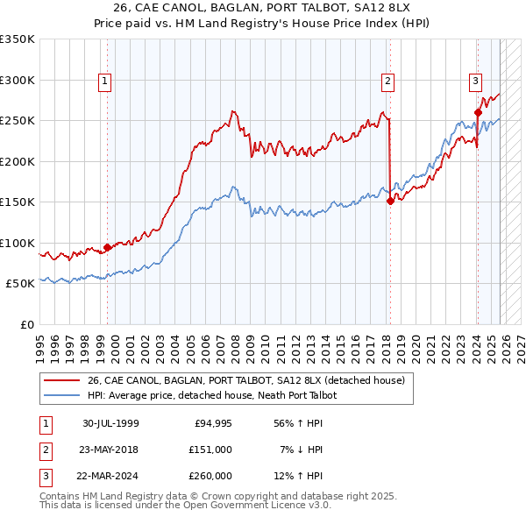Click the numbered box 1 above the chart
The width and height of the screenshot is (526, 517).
click(x=104, y=81)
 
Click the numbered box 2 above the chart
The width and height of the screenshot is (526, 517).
click(x=387, y=81)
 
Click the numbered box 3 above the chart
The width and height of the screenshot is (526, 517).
click(x=475, y=81)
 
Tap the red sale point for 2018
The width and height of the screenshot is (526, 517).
click(x=389, y=201)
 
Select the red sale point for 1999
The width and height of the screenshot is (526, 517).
click(x=108, y=247)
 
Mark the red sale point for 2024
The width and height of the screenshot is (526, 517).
click(x=478, y=112)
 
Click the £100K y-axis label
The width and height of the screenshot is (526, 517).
click(x=18, y=243)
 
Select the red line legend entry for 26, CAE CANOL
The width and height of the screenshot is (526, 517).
click(x=245, y=381)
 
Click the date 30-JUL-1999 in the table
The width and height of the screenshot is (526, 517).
click(x=110, y=423)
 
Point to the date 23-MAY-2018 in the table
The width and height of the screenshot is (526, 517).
click(x=110, y=450)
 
